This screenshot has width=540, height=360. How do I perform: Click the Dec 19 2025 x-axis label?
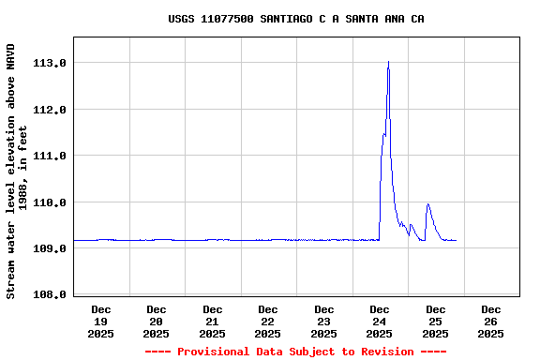(x=100, y=321)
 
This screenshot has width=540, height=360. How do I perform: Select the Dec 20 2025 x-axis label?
(x=157, y=321)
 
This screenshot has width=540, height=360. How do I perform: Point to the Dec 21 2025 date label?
(x=212, y=321)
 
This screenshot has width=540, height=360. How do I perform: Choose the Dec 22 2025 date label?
(x=268, y=321)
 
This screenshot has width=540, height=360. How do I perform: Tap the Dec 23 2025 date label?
(x=323, y=321)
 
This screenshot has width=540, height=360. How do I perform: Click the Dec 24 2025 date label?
(x=380, y=321)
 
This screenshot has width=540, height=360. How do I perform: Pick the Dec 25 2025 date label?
(x=435, y=321)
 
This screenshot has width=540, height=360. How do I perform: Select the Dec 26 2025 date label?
(x=491, y=321)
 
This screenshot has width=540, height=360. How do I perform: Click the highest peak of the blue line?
(x=388, y=63)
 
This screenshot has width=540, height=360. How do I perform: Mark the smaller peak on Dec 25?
(x=427, y=204)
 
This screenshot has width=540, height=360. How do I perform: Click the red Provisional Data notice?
(x=295, y=352)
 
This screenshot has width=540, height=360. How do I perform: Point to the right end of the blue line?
(x=456, y=241)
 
